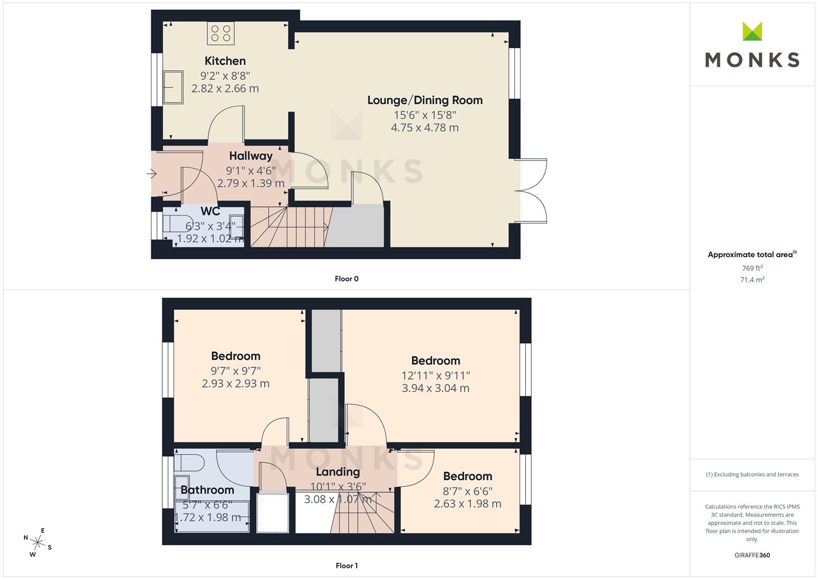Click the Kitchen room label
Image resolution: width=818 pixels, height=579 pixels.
(225, 61)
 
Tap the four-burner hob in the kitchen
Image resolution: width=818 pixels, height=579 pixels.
(221, 33)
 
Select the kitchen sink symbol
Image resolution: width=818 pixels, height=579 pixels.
(173, 87)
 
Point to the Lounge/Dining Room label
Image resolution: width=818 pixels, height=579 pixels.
(425, 100)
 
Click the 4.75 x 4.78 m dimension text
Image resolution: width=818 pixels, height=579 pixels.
(425, 128)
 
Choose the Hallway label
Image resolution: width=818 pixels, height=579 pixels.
(251, 156)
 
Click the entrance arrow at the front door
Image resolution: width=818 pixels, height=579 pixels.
(152, 174)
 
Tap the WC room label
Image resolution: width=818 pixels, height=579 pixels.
(211, 211)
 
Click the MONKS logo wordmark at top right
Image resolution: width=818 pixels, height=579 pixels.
(752, 60)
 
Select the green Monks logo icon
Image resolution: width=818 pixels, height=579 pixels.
(752, 31)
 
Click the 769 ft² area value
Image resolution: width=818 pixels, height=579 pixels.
(752, 268)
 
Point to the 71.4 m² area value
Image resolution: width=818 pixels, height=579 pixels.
(752, 280)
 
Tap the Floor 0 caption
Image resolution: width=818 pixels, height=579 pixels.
(347, 279)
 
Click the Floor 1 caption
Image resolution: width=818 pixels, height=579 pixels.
(347, 566)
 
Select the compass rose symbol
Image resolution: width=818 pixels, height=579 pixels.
(37, 543)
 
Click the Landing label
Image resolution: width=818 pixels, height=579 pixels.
(338, 472)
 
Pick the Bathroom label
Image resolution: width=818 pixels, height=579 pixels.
(207, 490)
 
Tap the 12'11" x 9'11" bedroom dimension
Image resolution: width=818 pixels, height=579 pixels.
(436, 375)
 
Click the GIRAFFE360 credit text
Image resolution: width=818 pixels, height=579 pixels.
(752, 555)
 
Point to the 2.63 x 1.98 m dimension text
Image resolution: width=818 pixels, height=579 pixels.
(468, 504)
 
